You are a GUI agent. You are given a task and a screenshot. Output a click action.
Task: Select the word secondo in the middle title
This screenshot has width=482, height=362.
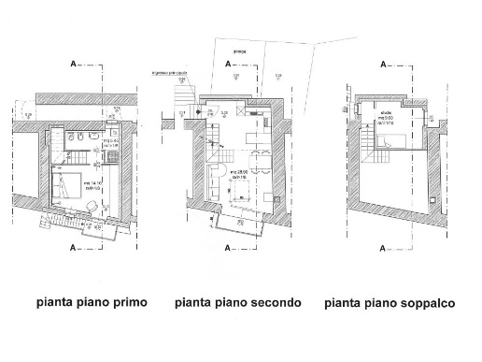(276, 303)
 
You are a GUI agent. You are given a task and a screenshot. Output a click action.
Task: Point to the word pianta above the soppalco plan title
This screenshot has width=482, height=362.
(346, 303)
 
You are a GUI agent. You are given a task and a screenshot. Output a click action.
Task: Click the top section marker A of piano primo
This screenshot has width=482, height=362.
(73, 65)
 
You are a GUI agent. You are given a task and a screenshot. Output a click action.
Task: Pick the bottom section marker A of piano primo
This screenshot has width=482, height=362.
(73, 249)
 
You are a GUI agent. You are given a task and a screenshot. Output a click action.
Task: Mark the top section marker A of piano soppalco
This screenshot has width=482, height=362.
(387, 65)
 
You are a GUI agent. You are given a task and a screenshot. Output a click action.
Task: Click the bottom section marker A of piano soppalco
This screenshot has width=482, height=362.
(387, 249)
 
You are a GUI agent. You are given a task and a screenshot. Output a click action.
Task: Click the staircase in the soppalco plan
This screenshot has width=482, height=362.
(372, 138)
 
